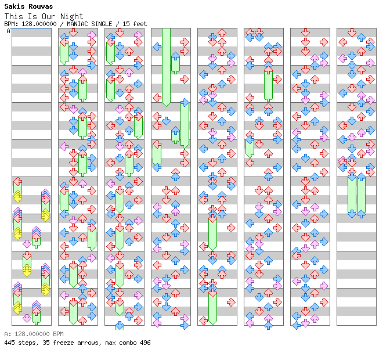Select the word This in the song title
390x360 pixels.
click(x=14, y=16)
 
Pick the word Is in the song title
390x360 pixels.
click(x=32, y=16)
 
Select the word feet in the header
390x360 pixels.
click(x=140, y=24)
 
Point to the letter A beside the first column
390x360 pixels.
click(x=9, y=31)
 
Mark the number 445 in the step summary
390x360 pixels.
click(x=9, y=343)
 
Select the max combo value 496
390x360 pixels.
click(x=145, y=343)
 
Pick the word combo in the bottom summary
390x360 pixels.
click(x=128, y=343)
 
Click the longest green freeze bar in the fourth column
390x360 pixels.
click(x=166, y=67)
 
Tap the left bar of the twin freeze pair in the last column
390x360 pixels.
click(x=352, y=195)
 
